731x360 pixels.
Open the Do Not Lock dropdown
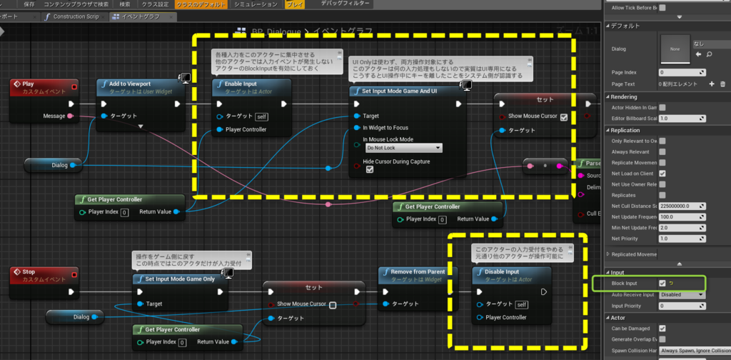pos(403,148)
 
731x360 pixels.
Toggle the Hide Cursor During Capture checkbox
pos(369,170)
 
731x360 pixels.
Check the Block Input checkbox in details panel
pos(662,284)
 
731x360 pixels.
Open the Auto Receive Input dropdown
pos(681,294)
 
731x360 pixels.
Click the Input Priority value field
pos(681,306)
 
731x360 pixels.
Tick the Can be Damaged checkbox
pos(662,329)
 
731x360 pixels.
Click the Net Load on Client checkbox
pos(662,174)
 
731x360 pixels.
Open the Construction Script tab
pos(75,16)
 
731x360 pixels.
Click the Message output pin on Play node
pos(70,116)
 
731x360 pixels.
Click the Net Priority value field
pos(681,238)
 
